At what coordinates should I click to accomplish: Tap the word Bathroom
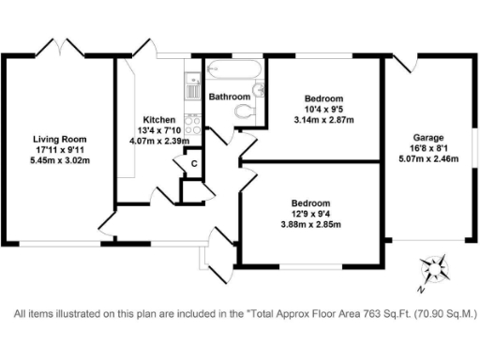[230, 97]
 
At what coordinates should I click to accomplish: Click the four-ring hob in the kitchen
[192, 124]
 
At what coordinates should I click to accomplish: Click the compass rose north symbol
[432, 267]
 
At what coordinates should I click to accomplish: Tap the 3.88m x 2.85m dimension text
[309, 225]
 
